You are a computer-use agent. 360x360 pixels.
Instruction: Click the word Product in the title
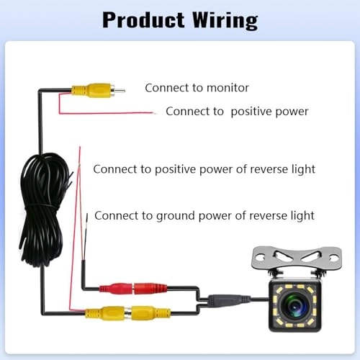point(141,19)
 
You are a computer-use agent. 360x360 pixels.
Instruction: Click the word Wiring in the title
point(220,19)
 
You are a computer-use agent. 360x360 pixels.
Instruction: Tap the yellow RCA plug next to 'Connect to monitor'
point(91,91)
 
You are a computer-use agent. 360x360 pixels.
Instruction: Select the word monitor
point(226,88)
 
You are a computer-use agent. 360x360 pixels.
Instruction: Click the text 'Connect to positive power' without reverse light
point(237,112)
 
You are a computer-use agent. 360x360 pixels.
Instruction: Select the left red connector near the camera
point(114,289)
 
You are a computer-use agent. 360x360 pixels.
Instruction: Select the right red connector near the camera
point(148,289)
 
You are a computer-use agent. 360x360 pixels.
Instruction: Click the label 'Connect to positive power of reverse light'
point(204,169)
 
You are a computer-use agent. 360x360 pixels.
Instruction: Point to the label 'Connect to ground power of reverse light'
point(204,215)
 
